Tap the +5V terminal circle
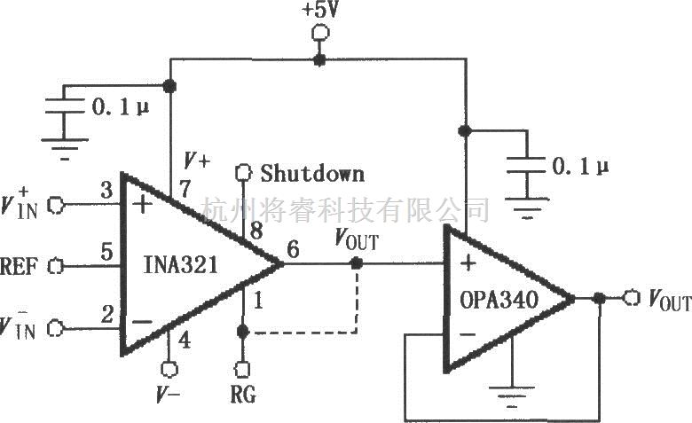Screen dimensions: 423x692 click(x=320, y=34)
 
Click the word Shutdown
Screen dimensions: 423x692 click(x=311, y=172)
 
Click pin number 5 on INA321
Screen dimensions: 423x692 click(x=106, y=252)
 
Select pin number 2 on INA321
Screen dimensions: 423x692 click(x=106, y=312)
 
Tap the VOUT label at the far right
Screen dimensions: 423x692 click(x=667, y=302)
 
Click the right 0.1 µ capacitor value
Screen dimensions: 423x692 click(x=583, y=166)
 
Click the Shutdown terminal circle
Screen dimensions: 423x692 click(x=242, y=172)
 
